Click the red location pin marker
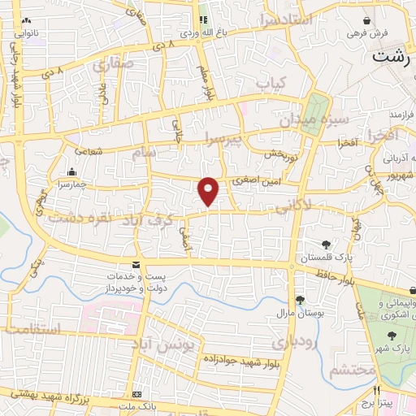(x=209, y=191)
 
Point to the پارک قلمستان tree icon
(x=326, y=244)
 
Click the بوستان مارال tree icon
(x=300, y=300)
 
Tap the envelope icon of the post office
(x=135, y=265)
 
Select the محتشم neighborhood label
(x=353, y=370)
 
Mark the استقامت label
(x=33, y=329)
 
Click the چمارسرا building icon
(x=73, y=171)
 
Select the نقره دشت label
(x=78, y=217)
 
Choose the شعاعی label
(x=89, y=151)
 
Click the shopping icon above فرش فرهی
(x=367, y=20)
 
